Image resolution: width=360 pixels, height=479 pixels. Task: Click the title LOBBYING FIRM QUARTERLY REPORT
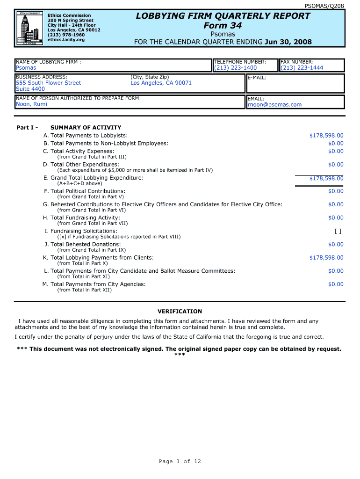[x=223, y=16]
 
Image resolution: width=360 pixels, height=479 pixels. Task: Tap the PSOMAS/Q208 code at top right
[x=331, y=6]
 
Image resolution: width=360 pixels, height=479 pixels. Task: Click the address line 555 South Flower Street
[x=49, y=83]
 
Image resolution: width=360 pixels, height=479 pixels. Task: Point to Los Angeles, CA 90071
[x=161, y=83]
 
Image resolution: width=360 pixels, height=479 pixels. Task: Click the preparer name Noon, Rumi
[x=31, y=104]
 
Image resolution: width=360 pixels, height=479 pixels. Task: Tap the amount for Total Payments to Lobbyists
[x=326, y=136]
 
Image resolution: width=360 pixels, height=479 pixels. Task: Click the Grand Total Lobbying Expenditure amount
[x=326, y=178]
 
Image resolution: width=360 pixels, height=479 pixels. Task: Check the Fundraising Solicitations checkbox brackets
[x=338, y=231]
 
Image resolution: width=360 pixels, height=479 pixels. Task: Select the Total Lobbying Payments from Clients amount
[x=326, y=258]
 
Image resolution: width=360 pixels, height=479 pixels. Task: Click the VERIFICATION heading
[x=180, y=312]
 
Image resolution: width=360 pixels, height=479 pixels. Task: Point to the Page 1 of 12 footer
[x=180, y=462]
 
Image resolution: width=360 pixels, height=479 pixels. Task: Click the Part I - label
[x=27, y=128]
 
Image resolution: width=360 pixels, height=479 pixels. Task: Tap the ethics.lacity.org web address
[x=66, y=40]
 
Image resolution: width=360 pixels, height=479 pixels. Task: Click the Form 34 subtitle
[x=223, y=26]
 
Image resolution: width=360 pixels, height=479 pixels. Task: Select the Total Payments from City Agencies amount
[x=335, y=284]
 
